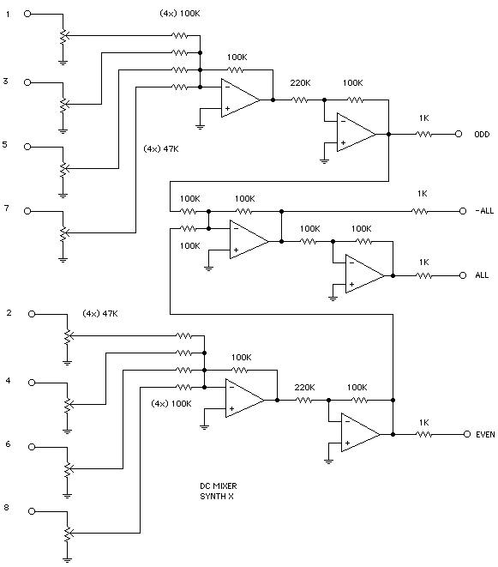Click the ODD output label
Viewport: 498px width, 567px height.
(482, 134)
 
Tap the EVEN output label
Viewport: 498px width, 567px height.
(485, 434)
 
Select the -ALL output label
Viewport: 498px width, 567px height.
(484, 210)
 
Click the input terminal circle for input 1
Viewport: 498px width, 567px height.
(27, 14)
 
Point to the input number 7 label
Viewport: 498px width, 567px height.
(6, 208)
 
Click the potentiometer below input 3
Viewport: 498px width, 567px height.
(63, 104)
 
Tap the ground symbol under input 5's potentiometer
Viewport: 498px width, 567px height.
(63, 196)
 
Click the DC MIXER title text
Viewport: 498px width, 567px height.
(219, 486)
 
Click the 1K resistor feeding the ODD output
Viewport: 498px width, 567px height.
(424, 134)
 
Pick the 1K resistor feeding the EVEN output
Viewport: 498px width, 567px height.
(424, 434)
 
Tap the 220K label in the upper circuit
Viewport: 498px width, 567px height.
(300, 83)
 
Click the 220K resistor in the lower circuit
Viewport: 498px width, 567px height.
(304, 400)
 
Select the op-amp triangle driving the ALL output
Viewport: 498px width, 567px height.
(364, 275)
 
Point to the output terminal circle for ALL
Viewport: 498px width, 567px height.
(463, 275)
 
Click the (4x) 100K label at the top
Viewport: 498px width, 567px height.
(180, 14)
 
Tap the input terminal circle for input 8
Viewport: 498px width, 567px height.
(32, 511)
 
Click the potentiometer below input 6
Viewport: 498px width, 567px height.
(68, 468)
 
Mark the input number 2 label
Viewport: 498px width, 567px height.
(9, 313)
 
